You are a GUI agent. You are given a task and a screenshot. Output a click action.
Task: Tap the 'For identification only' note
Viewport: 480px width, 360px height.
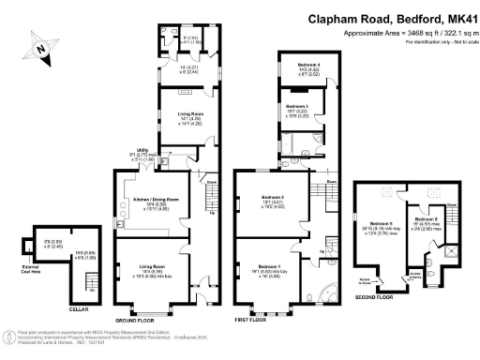point(430,42)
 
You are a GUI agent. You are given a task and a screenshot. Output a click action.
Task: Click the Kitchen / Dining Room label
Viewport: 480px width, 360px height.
point(151,202)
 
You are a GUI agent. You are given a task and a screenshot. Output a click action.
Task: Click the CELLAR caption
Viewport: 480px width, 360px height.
point(79,307)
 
